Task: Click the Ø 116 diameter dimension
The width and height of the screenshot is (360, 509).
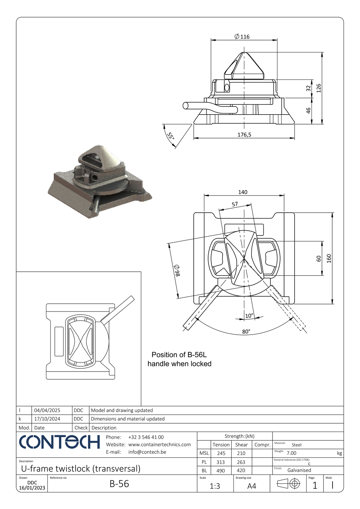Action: click(242, 37)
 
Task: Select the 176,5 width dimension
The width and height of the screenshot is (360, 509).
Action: click(244, 135)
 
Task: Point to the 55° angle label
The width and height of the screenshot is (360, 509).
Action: click(171, 136)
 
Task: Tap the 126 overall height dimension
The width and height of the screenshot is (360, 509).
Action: click(319, 88)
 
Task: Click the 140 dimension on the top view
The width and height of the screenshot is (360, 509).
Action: click(243, 192)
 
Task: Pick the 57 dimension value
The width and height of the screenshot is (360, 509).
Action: click(234, 204)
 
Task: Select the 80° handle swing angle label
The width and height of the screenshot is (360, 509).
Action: click(246, 331)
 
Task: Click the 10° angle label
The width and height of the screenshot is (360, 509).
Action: click(249, 316)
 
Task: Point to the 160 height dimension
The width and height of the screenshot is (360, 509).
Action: click(329, 258)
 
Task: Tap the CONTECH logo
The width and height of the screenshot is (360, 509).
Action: click(59, 442)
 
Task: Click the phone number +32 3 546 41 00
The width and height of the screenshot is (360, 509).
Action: click(146, 437)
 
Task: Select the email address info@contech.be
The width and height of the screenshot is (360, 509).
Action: click(147, 452)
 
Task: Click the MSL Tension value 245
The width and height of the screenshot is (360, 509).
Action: click(221, 453)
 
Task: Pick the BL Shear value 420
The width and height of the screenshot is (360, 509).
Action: click(241, 470)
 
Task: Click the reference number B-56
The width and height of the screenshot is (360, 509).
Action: click(119, 484)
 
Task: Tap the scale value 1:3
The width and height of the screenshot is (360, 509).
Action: click(215, 486)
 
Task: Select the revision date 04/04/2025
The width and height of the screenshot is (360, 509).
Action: click(47, 410)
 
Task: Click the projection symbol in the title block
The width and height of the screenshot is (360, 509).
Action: click(288, 484)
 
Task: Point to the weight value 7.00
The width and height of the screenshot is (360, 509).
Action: click(291, 453)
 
